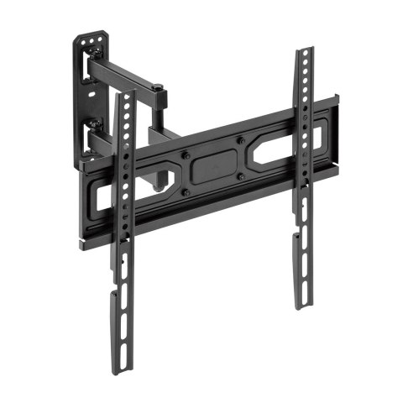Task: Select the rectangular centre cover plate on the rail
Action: coord(213,165)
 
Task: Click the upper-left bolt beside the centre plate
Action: coord(186,155)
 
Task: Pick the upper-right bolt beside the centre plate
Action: coord(240,140)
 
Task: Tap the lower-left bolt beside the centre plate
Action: coord(186,191)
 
